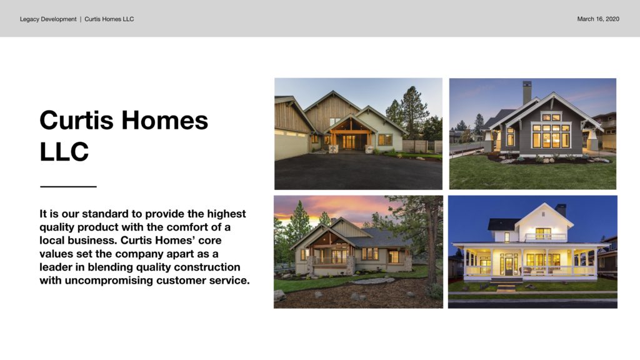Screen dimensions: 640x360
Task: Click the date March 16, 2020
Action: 598,19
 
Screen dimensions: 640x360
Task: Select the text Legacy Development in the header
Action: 48,19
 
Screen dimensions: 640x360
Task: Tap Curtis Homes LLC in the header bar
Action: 109,19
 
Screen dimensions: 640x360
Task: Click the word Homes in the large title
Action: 164,121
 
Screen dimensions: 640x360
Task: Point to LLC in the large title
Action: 64,151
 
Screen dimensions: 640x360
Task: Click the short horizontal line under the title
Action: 68,186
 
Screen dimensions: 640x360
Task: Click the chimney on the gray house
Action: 527,92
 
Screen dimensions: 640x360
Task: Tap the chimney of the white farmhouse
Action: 561,210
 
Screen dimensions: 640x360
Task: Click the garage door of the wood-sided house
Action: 291,146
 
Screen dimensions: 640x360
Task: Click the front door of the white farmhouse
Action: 509,266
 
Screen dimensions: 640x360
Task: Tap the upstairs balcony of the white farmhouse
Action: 545,237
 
